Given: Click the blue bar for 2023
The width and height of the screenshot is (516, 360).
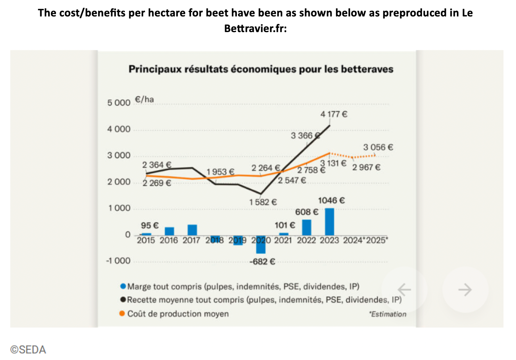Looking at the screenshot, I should coord(329,221).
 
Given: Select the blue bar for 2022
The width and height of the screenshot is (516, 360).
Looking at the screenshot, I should coord(307,227).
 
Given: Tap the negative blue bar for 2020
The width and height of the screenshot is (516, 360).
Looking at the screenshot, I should coord(261,245).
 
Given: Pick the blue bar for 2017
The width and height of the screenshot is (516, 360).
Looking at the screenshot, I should coord(192,230).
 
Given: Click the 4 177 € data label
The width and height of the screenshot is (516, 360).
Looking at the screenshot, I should coord(334,114).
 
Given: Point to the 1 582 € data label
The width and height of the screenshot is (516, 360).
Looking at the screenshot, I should coord(263,202).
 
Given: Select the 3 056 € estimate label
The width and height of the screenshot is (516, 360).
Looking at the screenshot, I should coord(378,148).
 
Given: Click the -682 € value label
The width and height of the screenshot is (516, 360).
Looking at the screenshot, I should coord(262,261).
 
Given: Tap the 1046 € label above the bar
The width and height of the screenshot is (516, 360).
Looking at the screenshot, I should coord(331,200).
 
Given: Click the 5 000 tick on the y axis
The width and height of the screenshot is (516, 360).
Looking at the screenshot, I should coord(119,103).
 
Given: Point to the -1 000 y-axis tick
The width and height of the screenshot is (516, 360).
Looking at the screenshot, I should coord(118,261).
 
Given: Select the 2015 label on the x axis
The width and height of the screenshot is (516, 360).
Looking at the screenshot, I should coord(146,240).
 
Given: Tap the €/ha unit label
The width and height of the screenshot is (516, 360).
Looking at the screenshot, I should coord(144,99).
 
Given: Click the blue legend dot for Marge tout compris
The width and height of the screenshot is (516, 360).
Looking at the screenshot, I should coord(123,286).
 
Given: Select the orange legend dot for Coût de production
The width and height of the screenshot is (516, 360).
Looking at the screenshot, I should coord(123,313).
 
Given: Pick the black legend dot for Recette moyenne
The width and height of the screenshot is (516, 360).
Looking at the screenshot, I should coord(123,300).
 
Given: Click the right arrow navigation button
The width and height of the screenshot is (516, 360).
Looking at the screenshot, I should coord(465,290).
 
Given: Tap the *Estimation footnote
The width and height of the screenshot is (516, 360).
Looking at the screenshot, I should coord(388,314).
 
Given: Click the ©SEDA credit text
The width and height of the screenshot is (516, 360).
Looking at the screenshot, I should coord(28,349).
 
